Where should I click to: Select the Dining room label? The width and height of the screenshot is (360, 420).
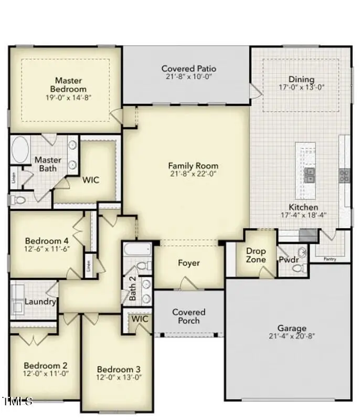pyautogui.click(x=301, y=79)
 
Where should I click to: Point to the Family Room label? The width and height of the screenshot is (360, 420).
pyautogui.click(x=193, y=165)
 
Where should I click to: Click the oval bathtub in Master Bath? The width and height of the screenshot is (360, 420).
pyautogui.click(x=20, y=150)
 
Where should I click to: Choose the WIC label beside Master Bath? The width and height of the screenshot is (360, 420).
pyautogui.click(x=90, y=180)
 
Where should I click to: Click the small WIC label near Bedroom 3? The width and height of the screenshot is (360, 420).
pyautogui.click(x=140, y=319)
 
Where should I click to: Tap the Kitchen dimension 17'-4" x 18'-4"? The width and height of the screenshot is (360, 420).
pyautogui.click(x=303, y=216)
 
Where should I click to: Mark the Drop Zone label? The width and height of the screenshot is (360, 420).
pyautogui.click(x=256, y=255)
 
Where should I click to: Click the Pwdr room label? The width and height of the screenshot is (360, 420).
pyautogui.click(x=288, y=259)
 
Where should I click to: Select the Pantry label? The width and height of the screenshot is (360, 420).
pyautogui.click(x=329, y=259)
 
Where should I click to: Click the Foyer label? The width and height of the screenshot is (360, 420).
pyautogui.click(x=188, y=262)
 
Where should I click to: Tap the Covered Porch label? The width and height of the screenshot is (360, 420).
pyautogui.click(x=188, y=316)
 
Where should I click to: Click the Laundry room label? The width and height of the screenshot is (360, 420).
pyautogui.click(x=40, y=302)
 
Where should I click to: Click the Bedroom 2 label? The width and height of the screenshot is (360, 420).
pyautogui.click(x=46, y=365)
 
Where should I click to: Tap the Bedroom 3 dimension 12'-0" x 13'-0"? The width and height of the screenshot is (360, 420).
pyautogui.click(x=119, y=377)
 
